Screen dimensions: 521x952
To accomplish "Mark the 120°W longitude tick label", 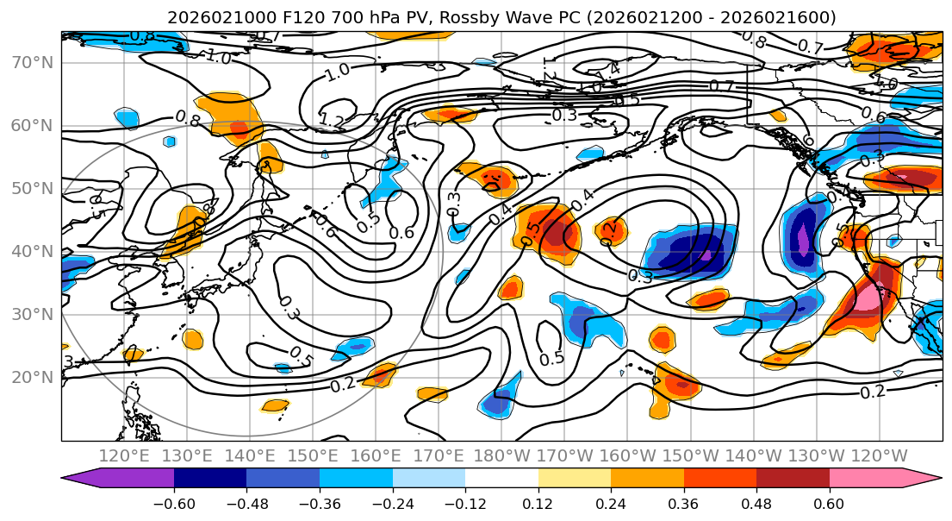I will pyautogui.click(x=879, y=455).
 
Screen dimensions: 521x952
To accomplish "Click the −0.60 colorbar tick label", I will pyautogui.click(x=174, y=505).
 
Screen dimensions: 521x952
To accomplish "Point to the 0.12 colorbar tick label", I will pyautogui.click(x=538, y=505).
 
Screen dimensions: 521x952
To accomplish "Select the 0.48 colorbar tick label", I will pyautogui.click(x=756, y=505).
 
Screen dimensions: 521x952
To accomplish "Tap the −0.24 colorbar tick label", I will pyautogui.click(x=393, y=505).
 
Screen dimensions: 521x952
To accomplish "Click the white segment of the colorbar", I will pyautogui.click(x=501, y=480).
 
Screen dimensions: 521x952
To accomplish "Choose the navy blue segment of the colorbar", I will pyautogui.click(x=210, y=480).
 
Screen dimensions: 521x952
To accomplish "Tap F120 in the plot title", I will pyautogui.click(x=283, y=17).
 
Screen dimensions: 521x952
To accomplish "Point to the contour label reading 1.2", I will pyautogui.click(x=333, y=119).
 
